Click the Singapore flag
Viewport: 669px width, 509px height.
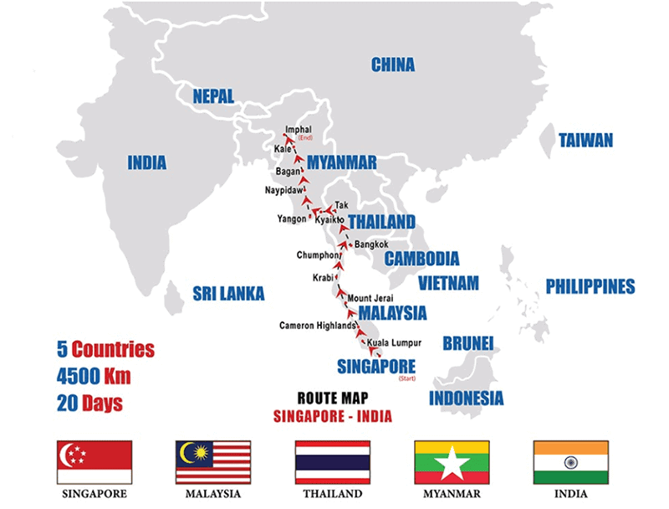pyautogui.click(x=94, y=462)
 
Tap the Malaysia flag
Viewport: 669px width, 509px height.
pyautogui.click(x=213, y=462)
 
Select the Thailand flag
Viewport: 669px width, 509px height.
pyautogui.click(x=333, y=462)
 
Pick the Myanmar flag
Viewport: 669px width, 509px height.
pyautogui.click(x=452, y=462)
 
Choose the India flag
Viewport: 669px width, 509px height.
pyautogui.click(x=571, y=462)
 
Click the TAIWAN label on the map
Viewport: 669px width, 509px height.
pyautogui.click(x=585, y=141)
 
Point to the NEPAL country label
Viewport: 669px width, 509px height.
pyautogui.click(x=213, y=95)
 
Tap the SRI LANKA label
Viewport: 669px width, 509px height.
pyautogui.click(x=228, y=293)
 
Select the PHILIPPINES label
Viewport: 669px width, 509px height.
pyautogui.click(x=590, y=286)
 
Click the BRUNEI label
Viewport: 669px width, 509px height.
pyautogui.click(x=468, y=342)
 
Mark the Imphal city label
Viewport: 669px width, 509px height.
pyautogui.click(x=299, y=130)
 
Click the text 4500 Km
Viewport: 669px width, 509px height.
pyautogui.click(x=94, y=375)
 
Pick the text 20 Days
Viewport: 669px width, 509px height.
pyautogui.click(x=90, y=403)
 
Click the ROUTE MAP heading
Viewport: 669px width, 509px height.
pyautogui.click(x=334, y=398)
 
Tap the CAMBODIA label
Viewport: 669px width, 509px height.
pyautogui.click(x=421, y=259)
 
